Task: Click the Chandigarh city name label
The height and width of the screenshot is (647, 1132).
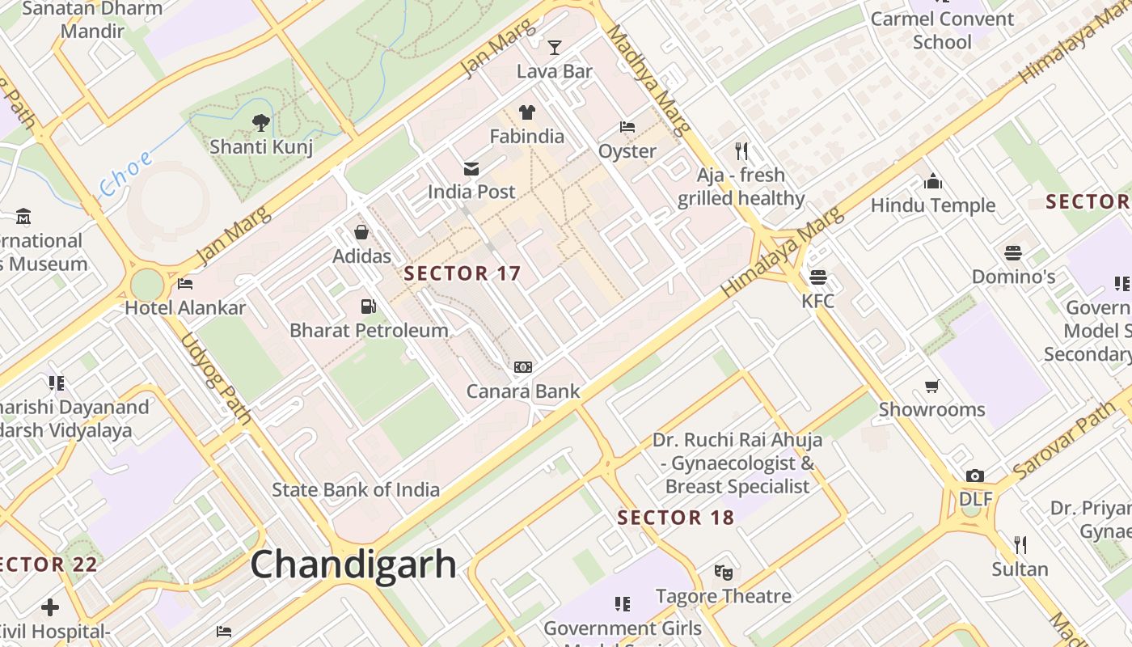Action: pos(353,564)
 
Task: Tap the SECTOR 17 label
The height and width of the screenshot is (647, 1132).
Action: pos(463,273)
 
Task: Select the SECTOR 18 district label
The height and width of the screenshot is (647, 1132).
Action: pos(676,518)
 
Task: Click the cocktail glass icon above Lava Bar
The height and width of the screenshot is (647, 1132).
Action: pos(555,47)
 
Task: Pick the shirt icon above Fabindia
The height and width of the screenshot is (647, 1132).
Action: pos(527,112)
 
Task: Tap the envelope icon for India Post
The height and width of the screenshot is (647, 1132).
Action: pos(471,168)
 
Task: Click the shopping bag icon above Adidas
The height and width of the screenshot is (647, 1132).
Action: pos(361,233)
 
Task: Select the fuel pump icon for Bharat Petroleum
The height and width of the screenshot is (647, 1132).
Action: pos(369,307)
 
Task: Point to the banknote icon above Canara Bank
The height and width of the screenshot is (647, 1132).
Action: pos(523,367)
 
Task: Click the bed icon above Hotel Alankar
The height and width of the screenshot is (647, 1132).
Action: pos(185,284)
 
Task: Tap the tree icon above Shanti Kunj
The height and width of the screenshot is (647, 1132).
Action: pos(260,123)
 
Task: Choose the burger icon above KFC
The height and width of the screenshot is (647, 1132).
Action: pos(817,277)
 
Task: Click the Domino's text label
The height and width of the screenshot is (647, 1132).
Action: pos(1013,277)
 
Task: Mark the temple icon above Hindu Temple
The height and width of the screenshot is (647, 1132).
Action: pos(933,181)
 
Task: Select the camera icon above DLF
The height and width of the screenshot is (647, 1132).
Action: pos(975,476)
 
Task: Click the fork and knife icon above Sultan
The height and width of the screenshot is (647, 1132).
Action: pos(1020,544)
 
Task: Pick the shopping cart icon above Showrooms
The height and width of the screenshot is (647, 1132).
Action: pos(932,386)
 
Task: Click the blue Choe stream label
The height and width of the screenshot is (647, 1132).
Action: pos(125,173)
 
